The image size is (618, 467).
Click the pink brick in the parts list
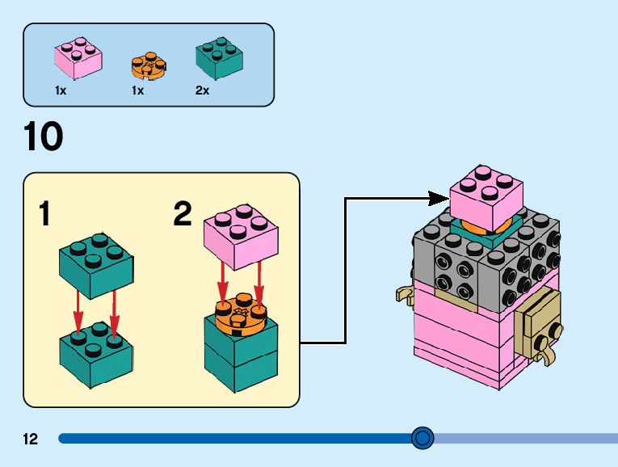[78, 59]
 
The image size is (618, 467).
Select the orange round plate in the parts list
[148, 65]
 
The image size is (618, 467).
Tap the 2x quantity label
[202, 91]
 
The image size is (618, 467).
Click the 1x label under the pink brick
[61, 91]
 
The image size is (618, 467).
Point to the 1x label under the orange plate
[137, 91]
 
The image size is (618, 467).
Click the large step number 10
[43, 137]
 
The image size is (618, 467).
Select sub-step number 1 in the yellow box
[45, 215]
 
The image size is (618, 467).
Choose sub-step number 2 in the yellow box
[183, 214]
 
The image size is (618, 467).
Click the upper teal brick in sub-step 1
[96, 263]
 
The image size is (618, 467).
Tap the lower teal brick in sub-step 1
[96, 352]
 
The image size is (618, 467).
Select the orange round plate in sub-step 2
[241, 316]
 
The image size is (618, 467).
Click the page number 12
[31, 440]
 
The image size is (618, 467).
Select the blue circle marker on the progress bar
[423, 438]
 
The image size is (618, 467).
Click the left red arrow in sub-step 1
[78, 311]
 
